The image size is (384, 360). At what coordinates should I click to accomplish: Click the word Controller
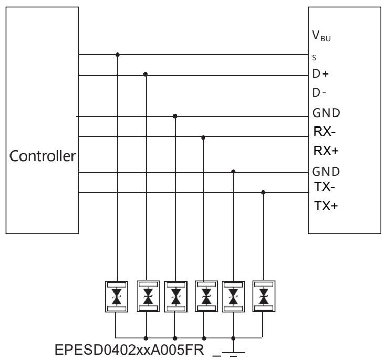(41, 156)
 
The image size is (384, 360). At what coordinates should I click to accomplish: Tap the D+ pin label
(320, 74)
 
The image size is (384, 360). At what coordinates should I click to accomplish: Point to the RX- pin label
(321, 132)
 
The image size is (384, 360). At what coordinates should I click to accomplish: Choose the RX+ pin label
(323, 151)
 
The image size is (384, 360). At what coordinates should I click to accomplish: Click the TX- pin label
(321, 186)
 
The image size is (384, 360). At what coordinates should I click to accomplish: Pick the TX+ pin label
(323, 206)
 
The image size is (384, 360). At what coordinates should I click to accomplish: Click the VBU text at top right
(321, 38)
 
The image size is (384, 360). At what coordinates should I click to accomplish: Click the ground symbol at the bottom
(233, 350)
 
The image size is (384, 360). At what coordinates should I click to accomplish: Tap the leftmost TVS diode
(117, 297)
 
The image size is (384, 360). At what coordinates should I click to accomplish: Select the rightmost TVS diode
(263, 297)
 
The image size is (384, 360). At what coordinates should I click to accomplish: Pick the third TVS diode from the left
(175, 297)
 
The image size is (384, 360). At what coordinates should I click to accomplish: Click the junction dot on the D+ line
(146, 74)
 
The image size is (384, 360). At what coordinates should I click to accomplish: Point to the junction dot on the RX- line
(204, 137)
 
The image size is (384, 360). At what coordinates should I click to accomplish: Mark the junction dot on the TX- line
(263, 192)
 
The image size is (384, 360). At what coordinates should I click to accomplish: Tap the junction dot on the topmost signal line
(117, 54)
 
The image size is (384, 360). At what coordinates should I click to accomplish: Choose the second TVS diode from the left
(146, 297)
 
